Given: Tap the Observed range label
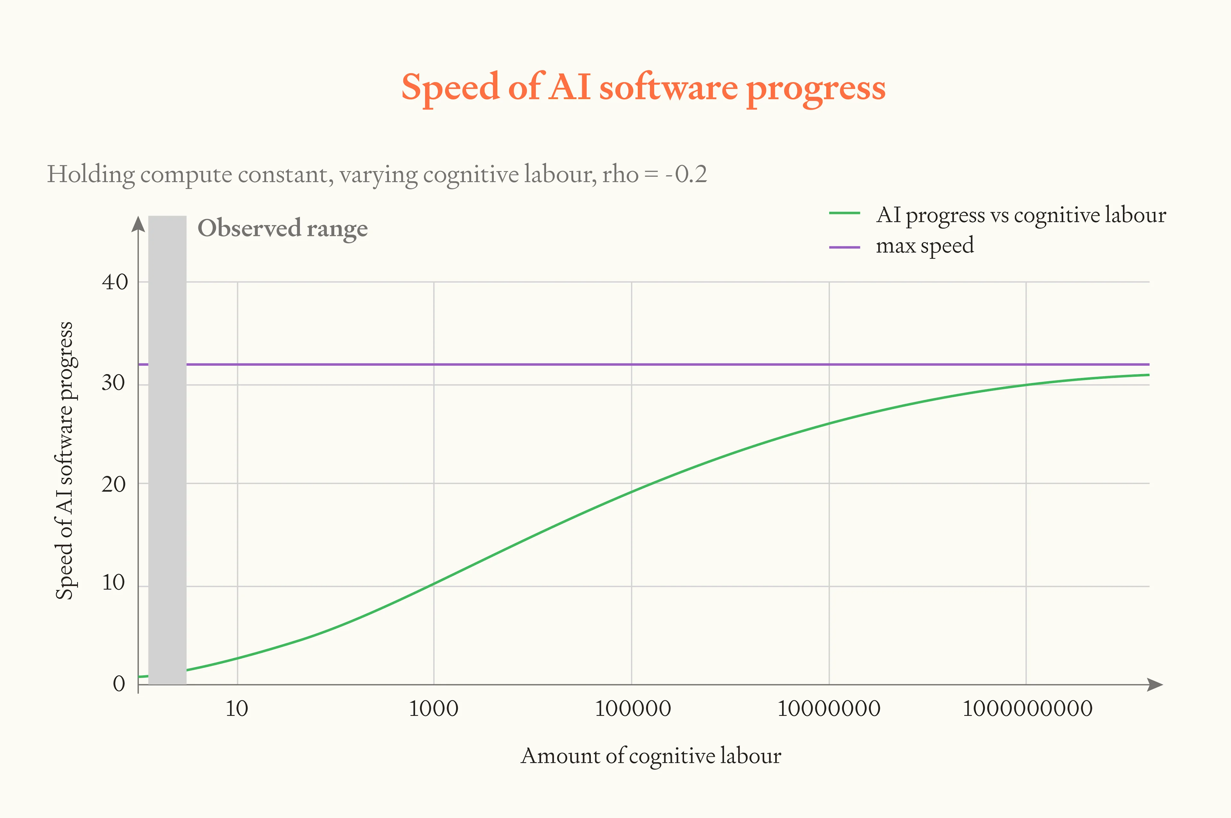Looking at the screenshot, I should [x=282, y=228].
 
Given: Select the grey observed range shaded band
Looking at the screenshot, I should [x=168, y=449].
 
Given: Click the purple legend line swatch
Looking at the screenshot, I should [x=844, y=247].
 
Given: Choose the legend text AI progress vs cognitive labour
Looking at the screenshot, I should [x=1021, y=215].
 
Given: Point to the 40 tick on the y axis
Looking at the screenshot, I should [x=115, y=282].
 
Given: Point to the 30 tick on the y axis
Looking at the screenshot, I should [x=114, y=384].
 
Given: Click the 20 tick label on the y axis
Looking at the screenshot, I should [x=114, y=485].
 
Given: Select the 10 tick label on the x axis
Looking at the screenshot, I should [x=237, y=708].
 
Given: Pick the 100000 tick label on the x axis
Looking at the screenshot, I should [x=632, y=708].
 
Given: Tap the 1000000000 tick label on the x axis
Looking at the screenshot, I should [x=1027, y=708].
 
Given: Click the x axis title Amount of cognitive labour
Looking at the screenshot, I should [x=651, y=756].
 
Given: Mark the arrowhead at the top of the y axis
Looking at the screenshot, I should [x=138, y=224].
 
